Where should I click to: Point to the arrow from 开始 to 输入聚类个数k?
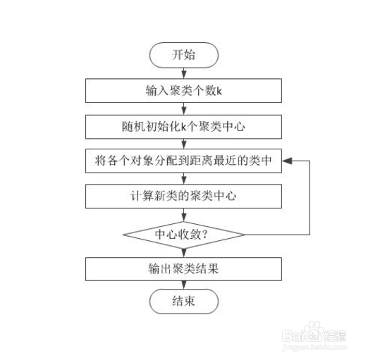(x=184, y=73)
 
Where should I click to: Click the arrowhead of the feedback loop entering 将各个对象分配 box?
(x=287, y=161)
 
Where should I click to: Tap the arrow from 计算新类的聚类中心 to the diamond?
(x=184, y=215)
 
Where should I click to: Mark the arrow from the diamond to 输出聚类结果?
(x=184, y=253)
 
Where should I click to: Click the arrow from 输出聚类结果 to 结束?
(x=184, y=285)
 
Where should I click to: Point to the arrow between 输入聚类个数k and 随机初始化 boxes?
(x=184, y=108)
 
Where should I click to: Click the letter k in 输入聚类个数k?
(x=219, y=91)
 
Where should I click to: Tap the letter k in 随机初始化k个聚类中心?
(x=184, y=127)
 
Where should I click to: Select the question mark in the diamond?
(x=204, y=235)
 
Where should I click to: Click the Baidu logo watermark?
(x=314, y=333)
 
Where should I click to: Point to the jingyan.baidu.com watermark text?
(x=314, y=347)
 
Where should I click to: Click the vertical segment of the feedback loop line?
(x=309, y=198)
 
